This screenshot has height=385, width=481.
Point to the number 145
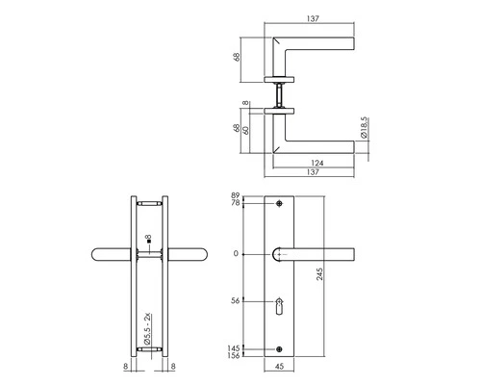click(233, 347)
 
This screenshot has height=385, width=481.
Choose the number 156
click(233, 356)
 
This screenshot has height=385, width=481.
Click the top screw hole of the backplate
click(280, 205)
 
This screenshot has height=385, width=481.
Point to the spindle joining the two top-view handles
click(280, 93)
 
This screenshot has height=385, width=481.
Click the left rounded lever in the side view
click(110, 255)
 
